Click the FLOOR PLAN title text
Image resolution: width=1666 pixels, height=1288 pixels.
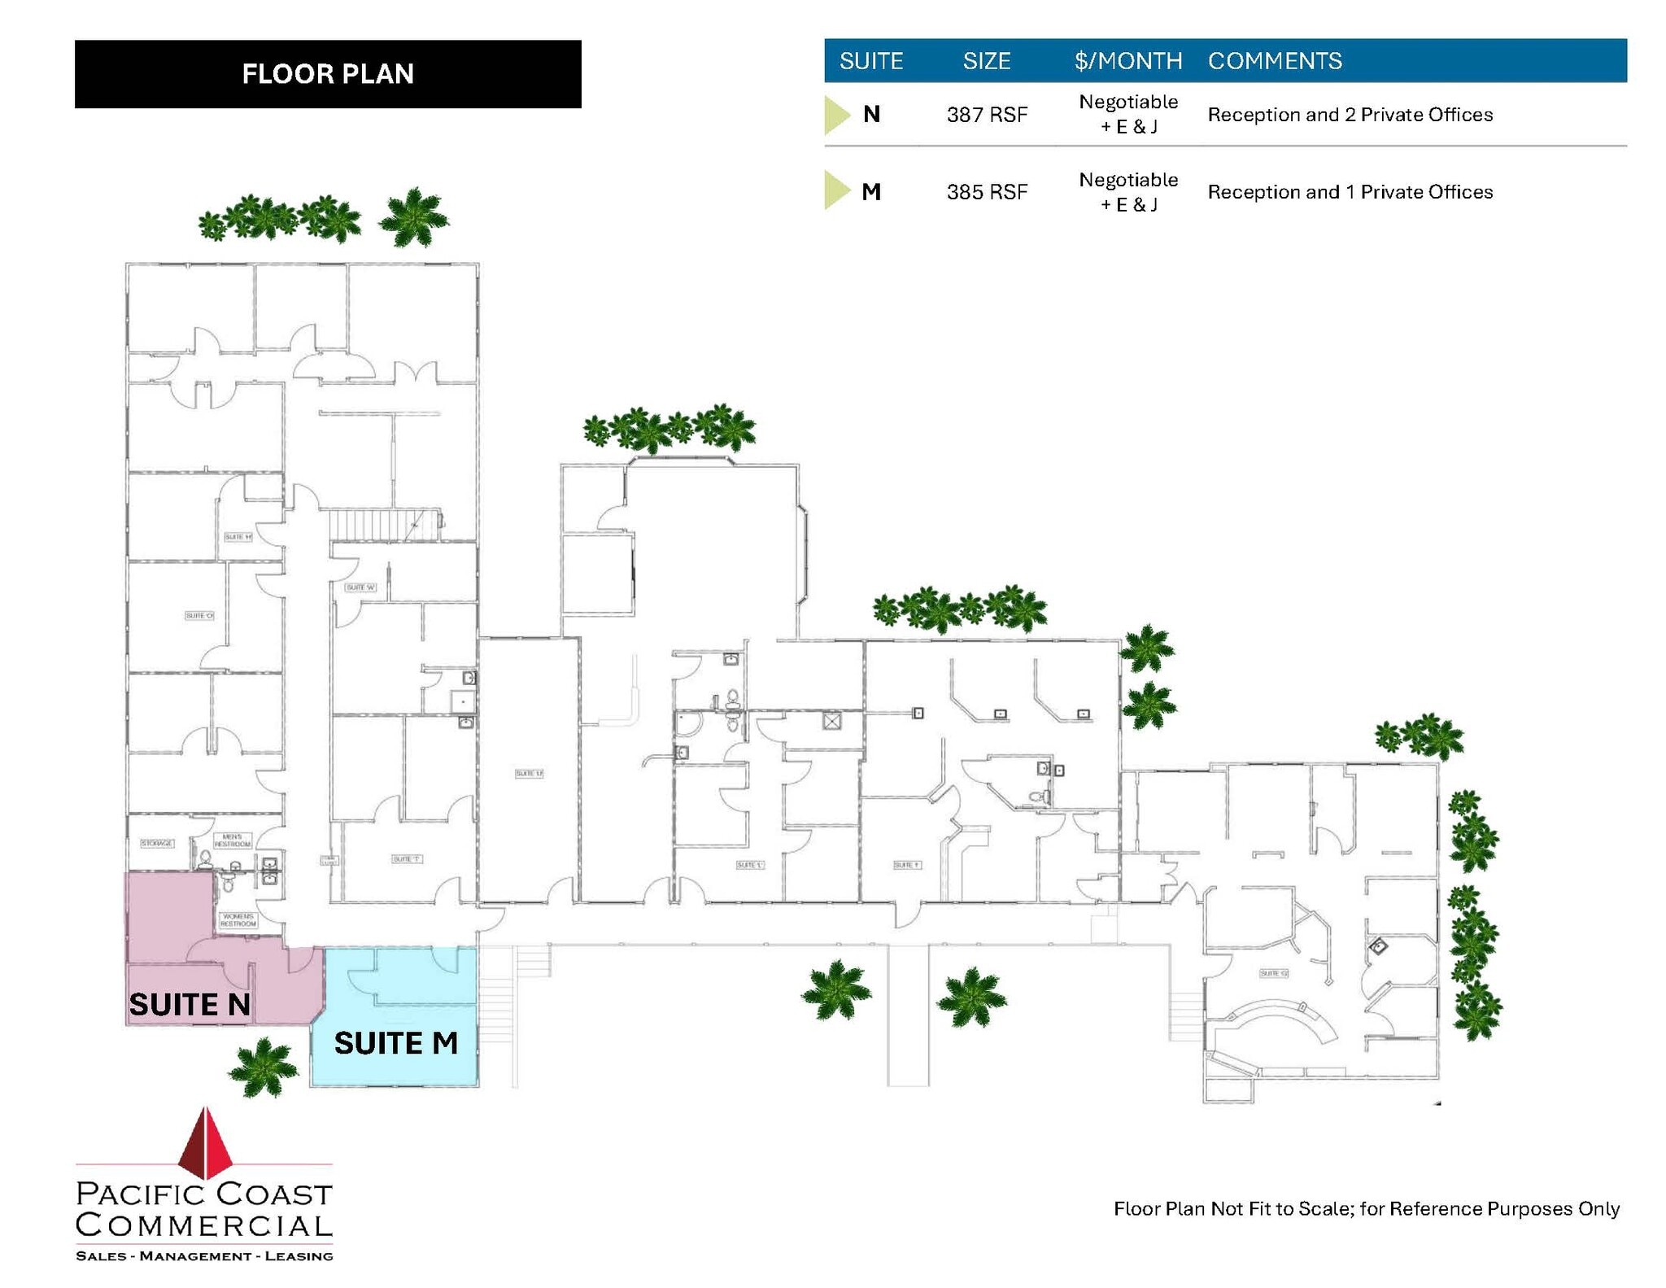[x=328, y=74]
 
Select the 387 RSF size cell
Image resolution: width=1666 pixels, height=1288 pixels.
[x=987, y=115]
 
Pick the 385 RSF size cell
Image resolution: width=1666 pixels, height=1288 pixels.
[x=987, y=192]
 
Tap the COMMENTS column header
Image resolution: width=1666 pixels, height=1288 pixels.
[x=1275, y=61]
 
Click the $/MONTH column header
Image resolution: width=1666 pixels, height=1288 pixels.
[x=1127, y=61]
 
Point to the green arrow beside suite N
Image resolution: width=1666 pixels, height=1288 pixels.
[x=836, y=115]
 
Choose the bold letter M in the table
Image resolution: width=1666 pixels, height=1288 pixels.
[x=871, y=192]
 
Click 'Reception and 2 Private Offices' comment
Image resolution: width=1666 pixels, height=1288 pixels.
[x=1350, y=115]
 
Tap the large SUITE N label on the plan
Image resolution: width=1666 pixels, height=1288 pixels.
[x=190, y=1005]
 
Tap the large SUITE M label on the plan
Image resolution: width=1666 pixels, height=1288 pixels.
[x=396, y=1043]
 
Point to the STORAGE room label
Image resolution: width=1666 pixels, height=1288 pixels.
[x=157, y=843]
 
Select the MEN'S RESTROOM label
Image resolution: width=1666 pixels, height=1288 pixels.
[x=232, y=840]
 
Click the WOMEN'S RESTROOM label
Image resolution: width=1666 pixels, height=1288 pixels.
[x=238, y=920]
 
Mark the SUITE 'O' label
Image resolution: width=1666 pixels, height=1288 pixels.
[x=199, y=616]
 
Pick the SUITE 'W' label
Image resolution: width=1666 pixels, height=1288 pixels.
[x=360, y=587]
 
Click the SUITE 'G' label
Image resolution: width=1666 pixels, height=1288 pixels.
[x=1273, y=973]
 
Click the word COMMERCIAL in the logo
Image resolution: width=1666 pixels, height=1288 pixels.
[x=204, y=1225]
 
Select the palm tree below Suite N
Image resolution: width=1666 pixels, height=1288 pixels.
[x=263, y=1067]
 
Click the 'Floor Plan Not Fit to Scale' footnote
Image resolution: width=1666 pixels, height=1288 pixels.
[x=1366, y=1209]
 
